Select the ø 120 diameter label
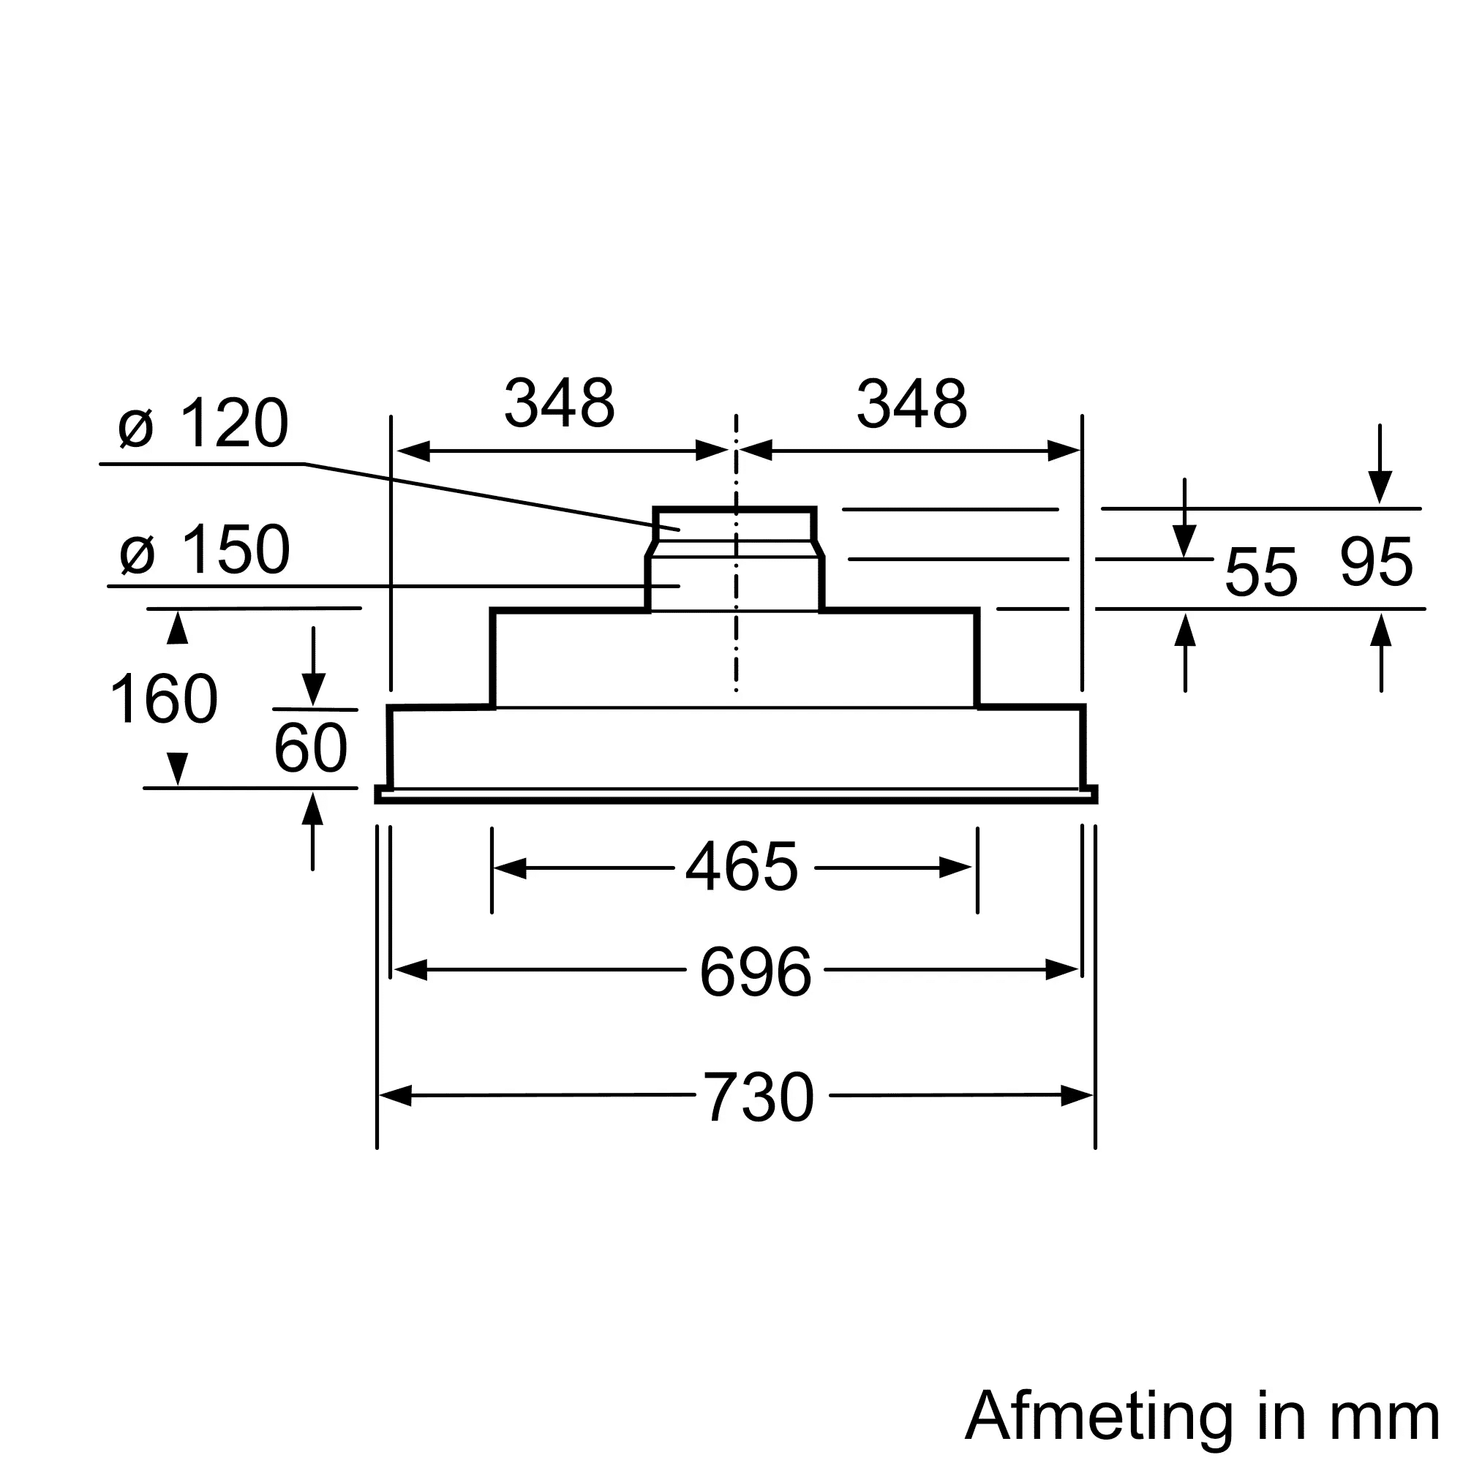203,424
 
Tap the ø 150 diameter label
205,550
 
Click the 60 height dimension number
310,748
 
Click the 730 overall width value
759,1098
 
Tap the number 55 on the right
1261,573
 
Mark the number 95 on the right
1376,563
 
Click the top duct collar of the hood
734,524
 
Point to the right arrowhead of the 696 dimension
1061,970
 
